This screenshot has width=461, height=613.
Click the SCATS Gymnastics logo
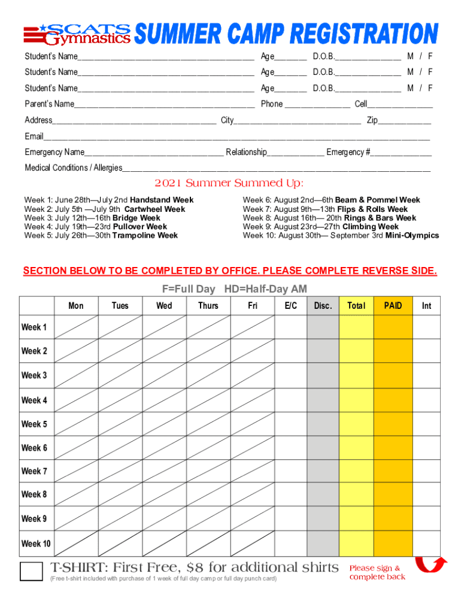77,34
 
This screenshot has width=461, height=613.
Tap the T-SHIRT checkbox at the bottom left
31,570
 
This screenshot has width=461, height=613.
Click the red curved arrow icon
430,565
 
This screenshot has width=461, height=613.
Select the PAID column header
393,306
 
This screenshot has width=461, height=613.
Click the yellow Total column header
356,306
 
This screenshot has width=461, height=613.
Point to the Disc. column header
323,306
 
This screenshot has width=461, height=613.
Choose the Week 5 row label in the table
34,424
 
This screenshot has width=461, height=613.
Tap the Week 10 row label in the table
36,544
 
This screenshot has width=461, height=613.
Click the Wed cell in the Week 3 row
164,375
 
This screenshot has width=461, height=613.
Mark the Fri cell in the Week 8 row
253,494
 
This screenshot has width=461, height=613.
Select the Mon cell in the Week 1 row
76,327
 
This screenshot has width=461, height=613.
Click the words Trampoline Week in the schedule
150,235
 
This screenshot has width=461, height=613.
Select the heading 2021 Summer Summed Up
229,183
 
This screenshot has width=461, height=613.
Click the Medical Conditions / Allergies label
73,168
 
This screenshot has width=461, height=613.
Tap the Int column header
426,306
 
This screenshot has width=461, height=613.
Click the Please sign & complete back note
377,572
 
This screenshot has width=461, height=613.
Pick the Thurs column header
208,306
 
